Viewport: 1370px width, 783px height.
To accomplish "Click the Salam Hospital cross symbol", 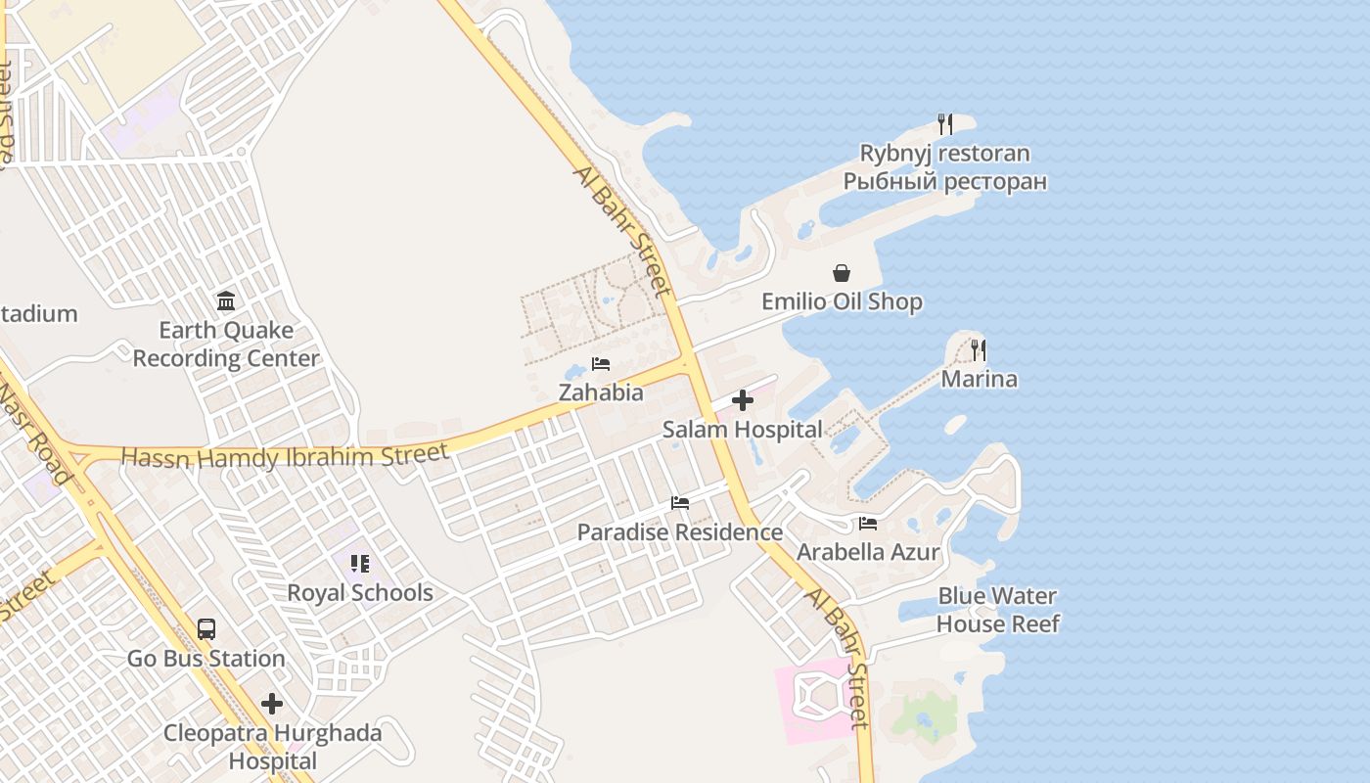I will point(743,400).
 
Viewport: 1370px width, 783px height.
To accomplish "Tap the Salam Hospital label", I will point(743,429).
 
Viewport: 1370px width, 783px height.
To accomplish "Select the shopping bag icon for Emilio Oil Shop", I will point(842,273).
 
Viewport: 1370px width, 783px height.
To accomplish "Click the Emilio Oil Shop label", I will point(842,301).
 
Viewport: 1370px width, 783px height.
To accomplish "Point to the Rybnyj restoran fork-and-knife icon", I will point(944,124).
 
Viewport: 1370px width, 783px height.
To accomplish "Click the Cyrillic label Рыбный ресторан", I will point(944,181).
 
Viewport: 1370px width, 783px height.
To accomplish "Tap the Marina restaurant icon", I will point(978,349).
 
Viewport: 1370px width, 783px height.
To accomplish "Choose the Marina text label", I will point(979,379).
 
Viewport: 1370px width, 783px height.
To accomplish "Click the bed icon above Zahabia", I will point(601,364).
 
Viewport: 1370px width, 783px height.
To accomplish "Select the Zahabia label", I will point(601,392).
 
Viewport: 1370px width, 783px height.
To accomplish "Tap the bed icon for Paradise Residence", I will point(680,503).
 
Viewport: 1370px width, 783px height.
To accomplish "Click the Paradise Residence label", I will point(680,532).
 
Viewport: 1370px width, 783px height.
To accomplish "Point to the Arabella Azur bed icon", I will point(868,524).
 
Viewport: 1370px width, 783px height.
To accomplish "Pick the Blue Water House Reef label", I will point(997,610).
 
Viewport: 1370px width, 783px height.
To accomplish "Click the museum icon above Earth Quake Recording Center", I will point(226,300).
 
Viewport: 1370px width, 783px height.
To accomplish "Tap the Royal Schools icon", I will point(360,564).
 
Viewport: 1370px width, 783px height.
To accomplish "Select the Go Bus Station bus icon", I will point(206,629).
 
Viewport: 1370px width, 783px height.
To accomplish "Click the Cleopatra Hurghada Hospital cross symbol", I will point(272,704).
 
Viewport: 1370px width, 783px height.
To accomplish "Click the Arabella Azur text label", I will point(868,552).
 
